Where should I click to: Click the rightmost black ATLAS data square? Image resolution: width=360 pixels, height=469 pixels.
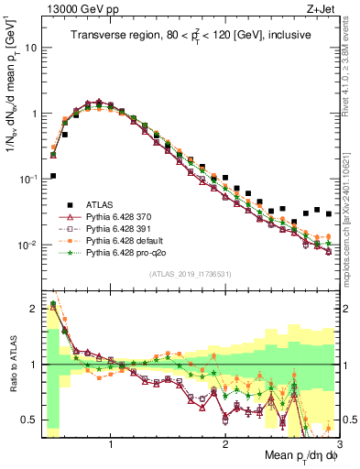(x=329, y=213)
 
